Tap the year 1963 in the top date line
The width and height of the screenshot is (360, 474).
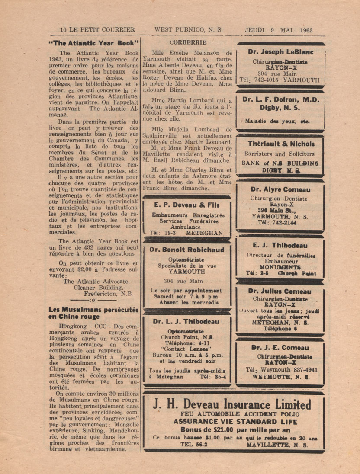tap(305, 30)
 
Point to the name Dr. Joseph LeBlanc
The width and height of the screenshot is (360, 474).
tap(281, 52)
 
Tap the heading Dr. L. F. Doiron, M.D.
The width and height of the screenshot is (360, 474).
tap(281, 99)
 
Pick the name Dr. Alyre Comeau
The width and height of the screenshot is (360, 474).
tap(280, 189)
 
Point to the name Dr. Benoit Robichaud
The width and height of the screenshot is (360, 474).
tap(186, 250)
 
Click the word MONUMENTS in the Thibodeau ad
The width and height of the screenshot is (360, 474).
tap(280, 267)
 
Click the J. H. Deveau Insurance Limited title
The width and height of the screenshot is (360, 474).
tap(232, 405)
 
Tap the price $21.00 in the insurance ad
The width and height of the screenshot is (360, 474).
tap(219, 430)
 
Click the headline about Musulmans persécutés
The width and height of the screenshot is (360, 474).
tap(93, 313)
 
